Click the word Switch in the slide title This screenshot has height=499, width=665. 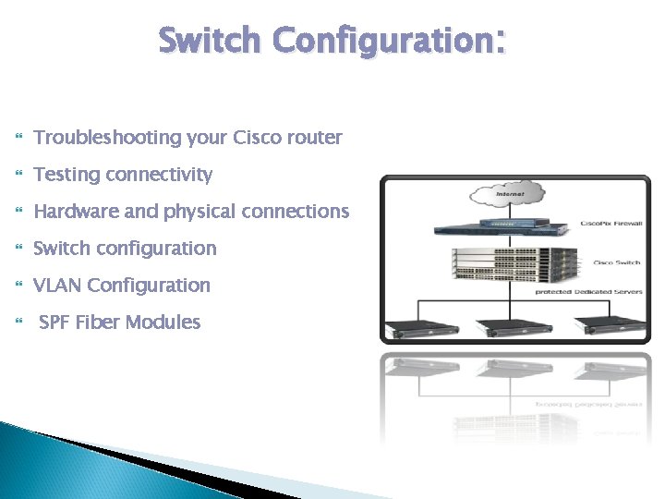[x=210, y=42]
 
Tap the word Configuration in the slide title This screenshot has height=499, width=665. [x=385, y=42]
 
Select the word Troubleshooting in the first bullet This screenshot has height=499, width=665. [x=107, y=138]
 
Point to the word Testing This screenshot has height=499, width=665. [x=66, y=175]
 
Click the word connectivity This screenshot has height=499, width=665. [x=160, y=175]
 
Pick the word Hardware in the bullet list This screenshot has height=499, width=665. [x=76, y=212]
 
